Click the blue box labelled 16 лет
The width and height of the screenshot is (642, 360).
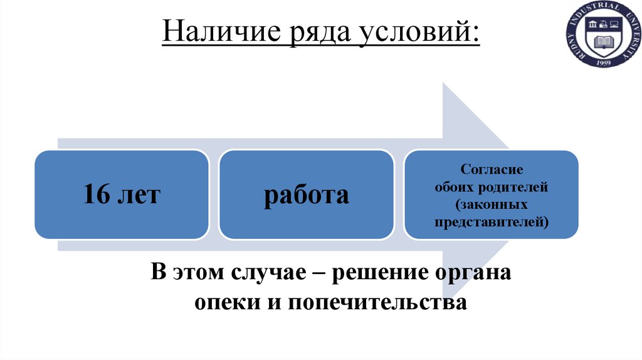tap(121, 194)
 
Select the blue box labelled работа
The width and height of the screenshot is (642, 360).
tap(306, 194)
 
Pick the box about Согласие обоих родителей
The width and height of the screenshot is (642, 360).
tap(492, 194)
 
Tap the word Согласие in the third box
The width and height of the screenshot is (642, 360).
tap(492, 169)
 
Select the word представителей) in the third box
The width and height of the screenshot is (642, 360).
tap(492, 221)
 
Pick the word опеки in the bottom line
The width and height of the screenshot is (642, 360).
tap(220, 303)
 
